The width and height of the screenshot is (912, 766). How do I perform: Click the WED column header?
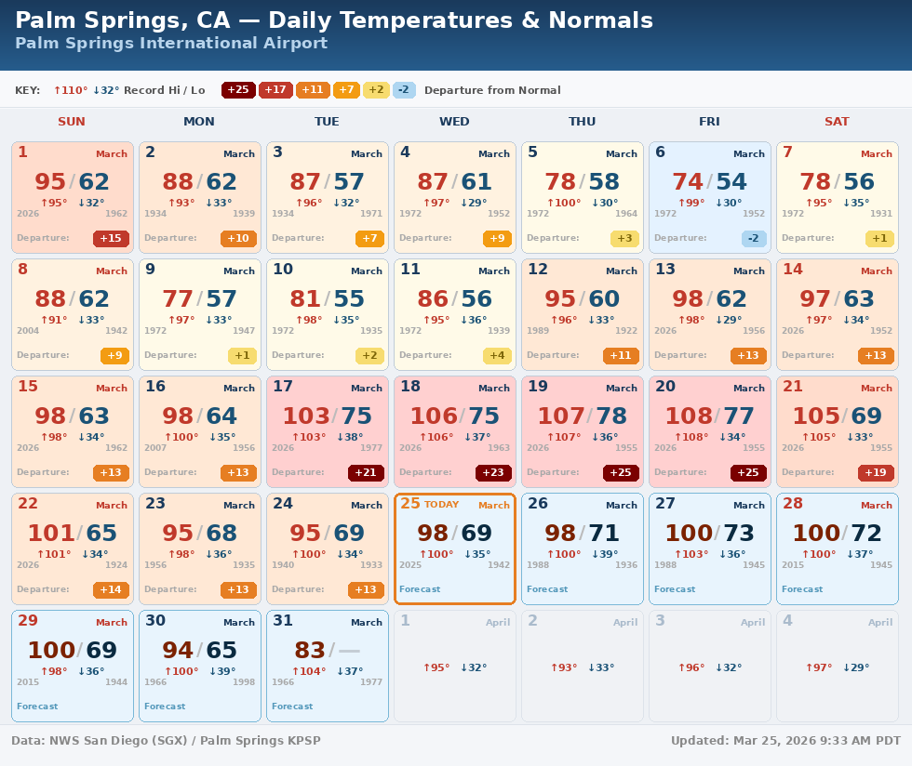[x=454, y=122]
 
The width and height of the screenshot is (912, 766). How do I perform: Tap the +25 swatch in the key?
[x=238, y=90]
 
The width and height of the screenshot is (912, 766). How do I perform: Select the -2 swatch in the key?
[x=404, y=90]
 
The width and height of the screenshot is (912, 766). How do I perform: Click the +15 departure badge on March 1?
[x=111, y=239]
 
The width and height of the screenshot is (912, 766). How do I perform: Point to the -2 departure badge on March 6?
[x=754, y=239]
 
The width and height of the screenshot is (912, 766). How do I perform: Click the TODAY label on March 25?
[x=441, y=505]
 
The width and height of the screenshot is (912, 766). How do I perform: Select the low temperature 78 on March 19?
[x=611, y=416]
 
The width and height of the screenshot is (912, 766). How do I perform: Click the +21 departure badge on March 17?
[x=366, y=473]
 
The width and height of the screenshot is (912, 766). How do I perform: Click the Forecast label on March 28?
[x=802, y=589]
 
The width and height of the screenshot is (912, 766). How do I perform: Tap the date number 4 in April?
[x=787, y=621]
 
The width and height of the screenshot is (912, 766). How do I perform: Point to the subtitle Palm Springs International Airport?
[x=171, y=44]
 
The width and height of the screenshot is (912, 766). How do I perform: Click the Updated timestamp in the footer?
[x=785, y=741]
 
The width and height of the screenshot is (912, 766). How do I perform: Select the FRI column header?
[x=709, y=122]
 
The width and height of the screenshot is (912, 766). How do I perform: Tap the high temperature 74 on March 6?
[x=688, y=182]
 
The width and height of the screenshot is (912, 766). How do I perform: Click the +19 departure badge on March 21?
[x=876, y=473]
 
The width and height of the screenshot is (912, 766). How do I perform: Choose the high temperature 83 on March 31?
[x=310, y=651]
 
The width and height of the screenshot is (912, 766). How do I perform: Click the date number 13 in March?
[x=665, y=270]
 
